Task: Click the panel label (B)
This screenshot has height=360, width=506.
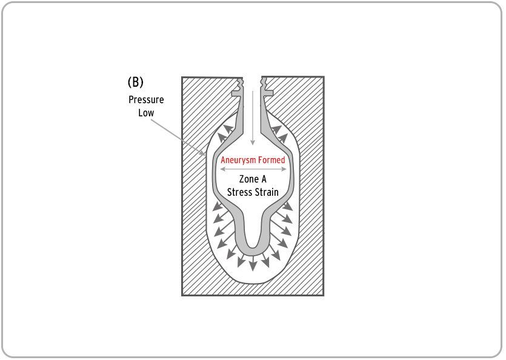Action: [136, 82]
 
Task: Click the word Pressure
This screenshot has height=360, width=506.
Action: [146, 99]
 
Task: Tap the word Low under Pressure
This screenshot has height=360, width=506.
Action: [146, 113]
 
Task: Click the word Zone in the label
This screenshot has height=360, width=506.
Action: [249, 179]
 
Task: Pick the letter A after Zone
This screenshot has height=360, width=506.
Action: [264, 179]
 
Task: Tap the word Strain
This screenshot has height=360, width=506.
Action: [266, 192]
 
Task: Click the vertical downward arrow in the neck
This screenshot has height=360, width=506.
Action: [253, 118]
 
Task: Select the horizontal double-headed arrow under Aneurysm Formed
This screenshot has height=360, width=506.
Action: [253, 169]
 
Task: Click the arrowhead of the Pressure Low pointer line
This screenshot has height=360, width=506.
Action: [203, 153]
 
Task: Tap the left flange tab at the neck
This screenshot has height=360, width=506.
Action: [237, 93]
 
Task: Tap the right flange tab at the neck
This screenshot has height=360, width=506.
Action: [268, 93]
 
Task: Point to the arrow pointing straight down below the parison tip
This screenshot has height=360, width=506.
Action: [253, 262]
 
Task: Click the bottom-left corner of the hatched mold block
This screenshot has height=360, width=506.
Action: [182, 295]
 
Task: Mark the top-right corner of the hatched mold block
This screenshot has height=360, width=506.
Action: [324, 77]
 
